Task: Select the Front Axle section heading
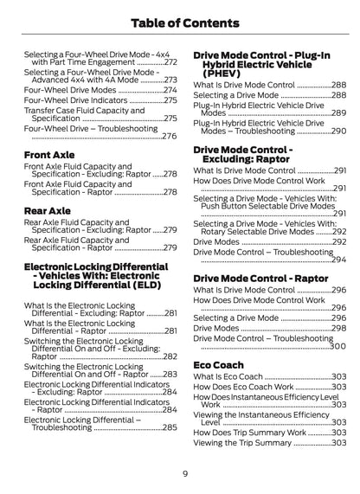(49, 155)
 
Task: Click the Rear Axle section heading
(48, 209)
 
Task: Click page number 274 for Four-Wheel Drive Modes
(170, 90)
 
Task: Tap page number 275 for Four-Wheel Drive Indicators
(170, 101)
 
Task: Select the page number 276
(170, 136)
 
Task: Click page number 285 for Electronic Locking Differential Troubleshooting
(170, 427)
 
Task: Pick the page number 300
(338, 346)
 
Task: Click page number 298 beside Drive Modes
(338, 329)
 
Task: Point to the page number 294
(338, 260)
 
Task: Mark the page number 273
(170, 79)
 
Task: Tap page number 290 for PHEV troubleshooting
(338, 131)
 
